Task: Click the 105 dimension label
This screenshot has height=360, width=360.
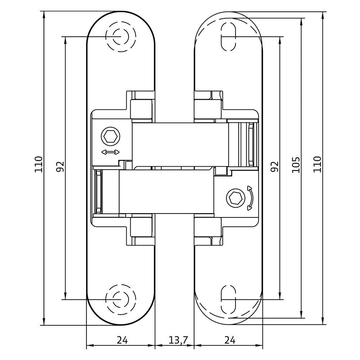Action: coord(296,165)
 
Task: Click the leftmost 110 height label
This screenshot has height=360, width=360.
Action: coord(39,164)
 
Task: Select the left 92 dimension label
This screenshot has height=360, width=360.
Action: coord(60,166)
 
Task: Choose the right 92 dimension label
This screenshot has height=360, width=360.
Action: coord(275,166)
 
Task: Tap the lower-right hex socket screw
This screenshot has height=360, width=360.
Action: coord(235,197)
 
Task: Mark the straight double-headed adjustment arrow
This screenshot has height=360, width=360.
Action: coord(111,152)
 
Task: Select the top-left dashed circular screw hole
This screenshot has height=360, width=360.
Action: coord(120,37)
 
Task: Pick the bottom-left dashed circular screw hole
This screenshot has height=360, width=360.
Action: coord(120,300)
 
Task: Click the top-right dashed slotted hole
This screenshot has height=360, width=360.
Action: coord(228,37)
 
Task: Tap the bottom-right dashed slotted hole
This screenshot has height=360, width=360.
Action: coord(228,300)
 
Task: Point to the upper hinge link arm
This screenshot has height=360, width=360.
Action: coord(180,144)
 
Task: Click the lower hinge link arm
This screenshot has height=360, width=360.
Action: coord(167,192)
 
